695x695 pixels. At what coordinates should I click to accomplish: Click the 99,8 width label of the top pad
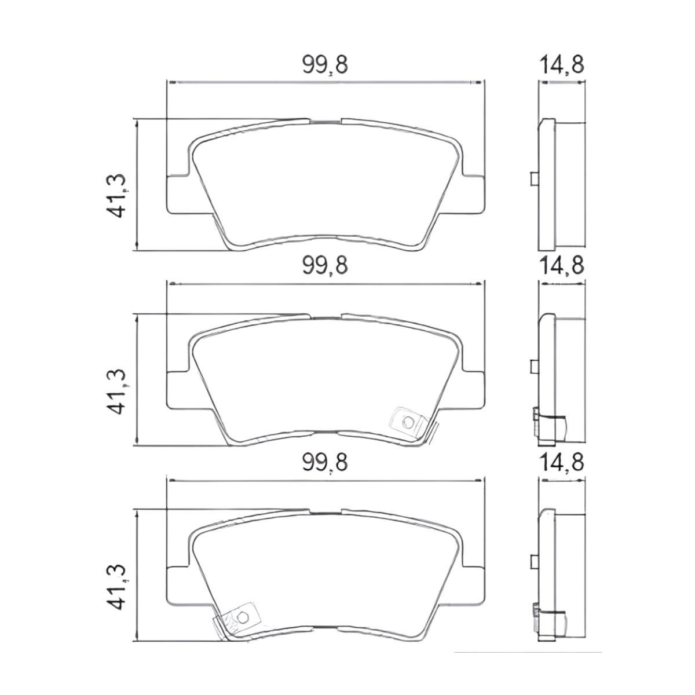[324, 65]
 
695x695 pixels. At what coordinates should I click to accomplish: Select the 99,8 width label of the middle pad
[324, 266]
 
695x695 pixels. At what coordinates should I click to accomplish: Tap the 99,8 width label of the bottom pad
[324, 463]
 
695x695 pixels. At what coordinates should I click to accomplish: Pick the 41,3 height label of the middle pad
[118, 392]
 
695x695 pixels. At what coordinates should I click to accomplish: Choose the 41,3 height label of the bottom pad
[118, 587]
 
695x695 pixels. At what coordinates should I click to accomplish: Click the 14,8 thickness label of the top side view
[561, 65]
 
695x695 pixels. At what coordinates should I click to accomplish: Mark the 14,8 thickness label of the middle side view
[561, 266]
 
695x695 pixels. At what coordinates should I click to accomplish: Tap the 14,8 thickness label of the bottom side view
[561, 463]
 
